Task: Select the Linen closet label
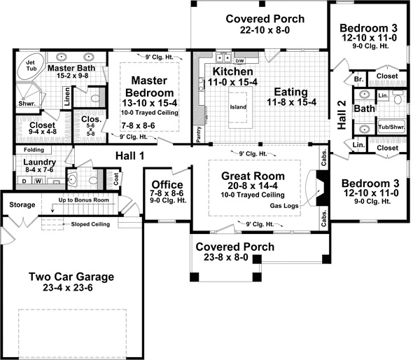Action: tap(66, 97)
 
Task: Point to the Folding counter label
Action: tap(29, 150)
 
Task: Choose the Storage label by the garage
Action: tap(22, 205)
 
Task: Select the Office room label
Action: tap(167, 185)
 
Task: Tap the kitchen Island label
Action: tap(239, 107)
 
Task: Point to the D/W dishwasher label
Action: tap(241, 61)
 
